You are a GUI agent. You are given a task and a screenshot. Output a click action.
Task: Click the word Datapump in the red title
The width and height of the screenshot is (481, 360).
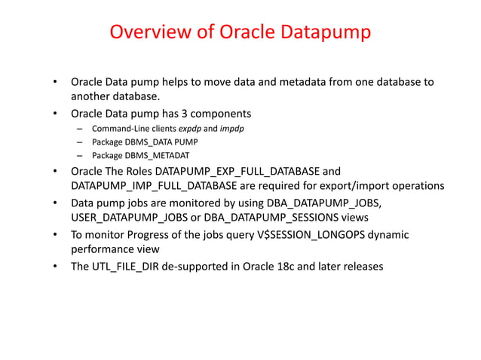point(328,33)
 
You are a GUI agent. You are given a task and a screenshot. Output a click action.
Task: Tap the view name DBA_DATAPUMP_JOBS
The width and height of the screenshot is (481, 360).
point(329,203)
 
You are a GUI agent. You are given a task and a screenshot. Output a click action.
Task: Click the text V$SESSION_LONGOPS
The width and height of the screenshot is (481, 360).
point(316,235)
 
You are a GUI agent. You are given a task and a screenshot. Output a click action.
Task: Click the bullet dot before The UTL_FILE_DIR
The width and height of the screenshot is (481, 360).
point(54,267)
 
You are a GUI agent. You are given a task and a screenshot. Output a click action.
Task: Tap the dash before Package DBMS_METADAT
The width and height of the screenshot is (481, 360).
point(79,156)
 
